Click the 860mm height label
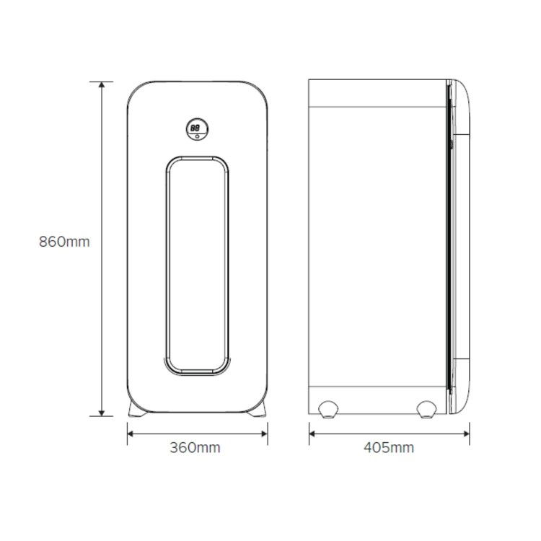(64, 242)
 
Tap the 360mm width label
(195, 448)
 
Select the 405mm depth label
(389, 448)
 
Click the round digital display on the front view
(197, 129)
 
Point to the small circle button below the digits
(197, 136)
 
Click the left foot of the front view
(137, 409)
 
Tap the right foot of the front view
(257, 409)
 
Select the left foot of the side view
(328, 410)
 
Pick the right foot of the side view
(426, 410)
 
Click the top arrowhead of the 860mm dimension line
(102, 85)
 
